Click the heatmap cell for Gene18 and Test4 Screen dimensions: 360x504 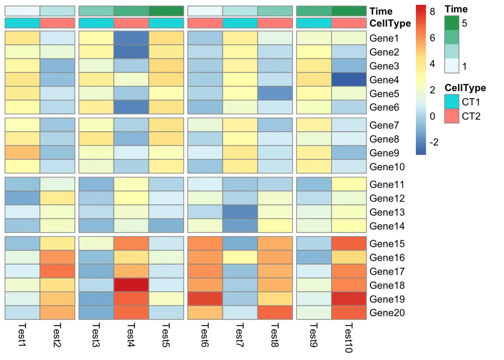click(131, 285)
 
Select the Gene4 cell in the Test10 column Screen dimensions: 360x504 click(349, 80)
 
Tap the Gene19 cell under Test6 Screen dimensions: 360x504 click(205, 299)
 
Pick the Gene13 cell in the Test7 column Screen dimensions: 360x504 click(240, 212)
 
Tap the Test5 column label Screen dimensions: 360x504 click(166, 336)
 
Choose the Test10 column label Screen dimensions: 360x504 click(349, 338)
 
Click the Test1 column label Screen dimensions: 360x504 click(22, 336)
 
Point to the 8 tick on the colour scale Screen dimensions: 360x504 click(432, 12)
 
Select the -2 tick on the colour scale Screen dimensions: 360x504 click(434, 142)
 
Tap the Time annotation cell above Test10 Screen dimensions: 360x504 click(349, 11)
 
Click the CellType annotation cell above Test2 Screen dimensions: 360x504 click(57, 23)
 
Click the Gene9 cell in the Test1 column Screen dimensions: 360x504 click(22, 153)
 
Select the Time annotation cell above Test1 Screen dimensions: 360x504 click(22, 11)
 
